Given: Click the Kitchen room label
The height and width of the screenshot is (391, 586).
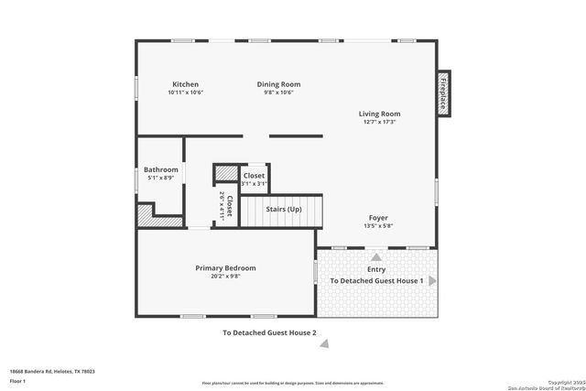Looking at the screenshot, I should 184,84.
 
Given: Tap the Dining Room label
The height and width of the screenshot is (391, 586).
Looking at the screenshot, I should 282,84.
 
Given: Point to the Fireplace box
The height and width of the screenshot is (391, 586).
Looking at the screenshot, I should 443,93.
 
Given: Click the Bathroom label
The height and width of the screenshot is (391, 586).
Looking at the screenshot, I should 161,169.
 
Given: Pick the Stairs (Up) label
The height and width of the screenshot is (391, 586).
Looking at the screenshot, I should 284,210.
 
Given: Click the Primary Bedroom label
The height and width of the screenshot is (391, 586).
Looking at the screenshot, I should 225,267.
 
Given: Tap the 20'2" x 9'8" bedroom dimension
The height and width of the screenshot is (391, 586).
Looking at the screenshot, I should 225,276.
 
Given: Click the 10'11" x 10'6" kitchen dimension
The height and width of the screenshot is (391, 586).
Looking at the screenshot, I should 184,92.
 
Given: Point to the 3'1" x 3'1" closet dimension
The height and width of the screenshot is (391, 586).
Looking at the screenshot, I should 254,183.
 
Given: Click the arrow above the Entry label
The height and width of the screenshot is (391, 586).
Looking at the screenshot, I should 374,257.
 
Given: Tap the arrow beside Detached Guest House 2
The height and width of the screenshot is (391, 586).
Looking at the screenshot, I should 322,343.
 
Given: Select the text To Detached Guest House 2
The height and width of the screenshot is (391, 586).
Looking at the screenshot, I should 269,332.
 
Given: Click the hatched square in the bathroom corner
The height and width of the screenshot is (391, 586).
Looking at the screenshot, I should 146,215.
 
